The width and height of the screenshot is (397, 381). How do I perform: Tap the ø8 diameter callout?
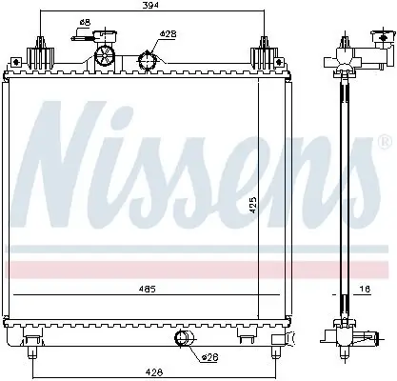(x=85, y=22)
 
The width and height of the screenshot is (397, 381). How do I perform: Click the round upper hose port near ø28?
(x=148, y=62)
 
